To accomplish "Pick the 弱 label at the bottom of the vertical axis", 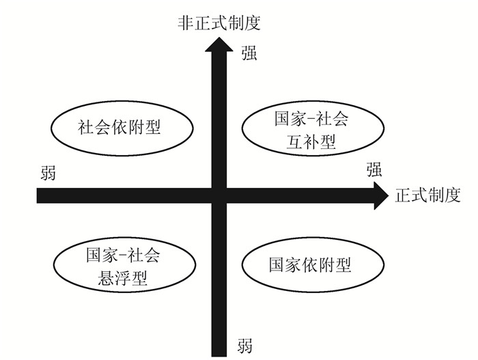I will (x=244, y=345).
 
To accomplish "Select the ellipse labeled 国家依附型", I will (x=310, y=264).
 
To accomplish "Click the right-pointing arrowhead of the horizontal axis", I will (x=379, y=196).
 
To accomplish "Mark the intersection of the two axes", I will (x=219, y=196).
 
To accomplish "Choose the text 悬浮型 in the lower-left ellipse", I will (x=123, y=278).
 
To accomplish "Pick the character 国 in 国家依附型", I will (x=277, y=264).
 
